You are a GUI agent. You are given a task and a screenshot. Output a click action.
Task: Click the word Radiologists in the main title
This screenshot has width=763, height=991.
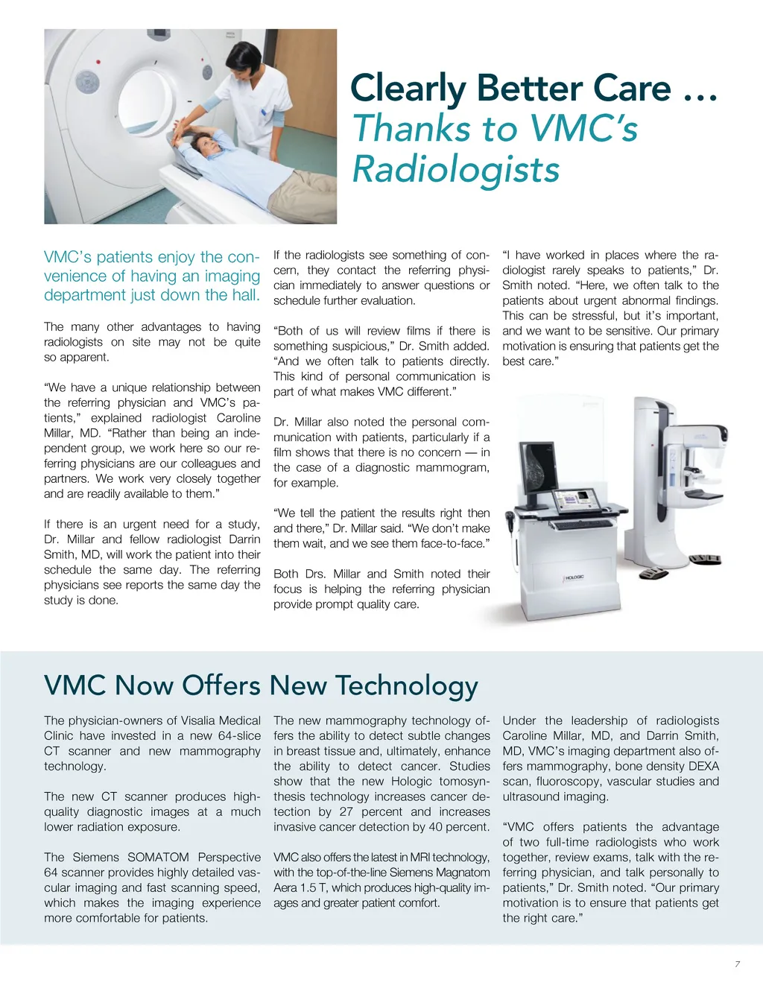[455, 169]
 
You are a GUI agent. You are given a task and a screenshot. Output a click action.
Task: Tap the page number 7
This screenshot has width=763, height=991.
[737, 964]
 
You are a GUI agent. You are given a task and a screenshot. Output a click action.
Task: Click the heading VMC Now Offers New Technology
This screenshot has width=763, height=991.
[261, 686]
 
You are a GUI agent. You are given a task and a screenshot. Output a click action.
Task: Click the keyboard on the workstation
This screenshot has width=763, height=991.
[577, 525]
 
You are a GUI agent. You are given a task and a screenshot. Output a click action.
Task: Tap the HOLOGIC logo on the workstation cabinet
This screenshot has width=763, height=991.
[574, 577]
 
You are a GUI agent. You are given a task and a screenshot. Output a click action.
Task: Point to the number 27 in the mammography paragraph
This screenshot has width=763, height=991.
[346, 811]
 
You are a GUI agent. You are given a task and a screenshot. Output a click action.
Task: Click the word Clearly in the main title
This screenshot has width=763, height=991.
[408, 89]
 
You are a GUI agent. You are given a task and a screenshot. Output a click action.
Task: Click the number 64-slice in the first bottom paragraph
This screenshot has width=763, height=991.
[236, 735]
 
